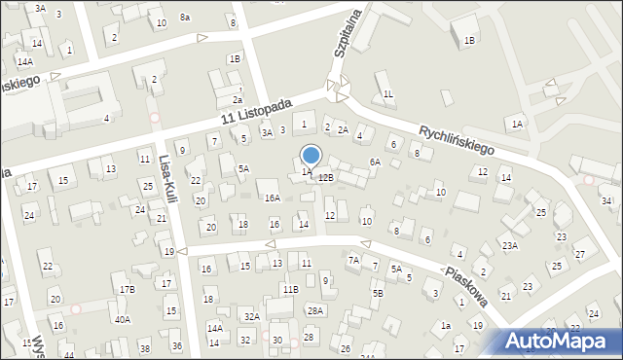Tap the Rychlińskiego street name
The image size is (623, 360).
tap(457, 139)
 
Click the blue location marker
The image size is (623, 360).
tap(311, 156)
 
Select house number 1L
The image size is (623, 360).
tap(387, 93)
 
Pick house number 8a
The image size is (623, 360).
tap(184, 18)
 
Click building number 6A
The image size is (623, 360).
tap(374, 162)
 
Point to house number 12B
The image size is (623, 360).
tap(326, 177)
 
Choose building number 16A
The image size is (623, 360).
tap(273, 198)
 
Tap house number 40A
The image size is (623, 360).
tap(123, 319)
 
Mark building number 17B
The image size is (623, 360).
tap(128, 289)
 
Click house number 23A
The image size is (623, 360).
tap(509, 246)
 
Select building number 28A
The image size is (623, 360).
tap(315, 310)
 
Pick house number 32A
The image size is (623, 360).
tap(251, 316)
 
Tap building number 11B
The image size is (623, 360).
tap(290, 289)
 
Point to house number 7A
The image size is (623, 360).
tap(353, 260)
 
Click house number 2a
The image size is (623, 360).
tap(237, 99)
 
